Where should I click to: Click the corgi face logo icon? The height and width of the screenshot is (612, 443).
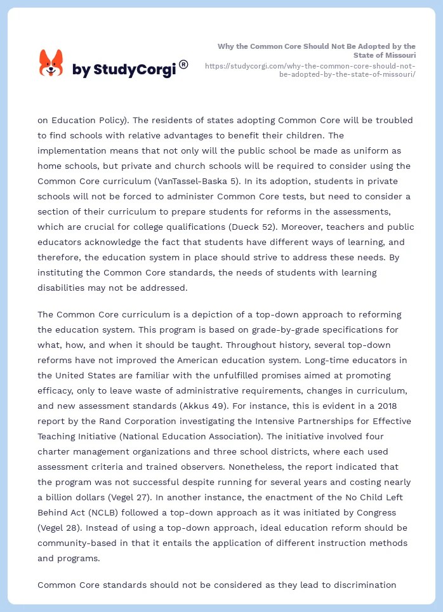coord(51,63)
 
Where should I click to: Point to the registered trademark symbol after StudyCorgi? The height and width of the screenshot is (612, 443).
coord(183,64)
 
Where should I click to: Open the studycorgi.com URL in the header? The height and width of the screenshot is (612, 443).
coord(310,70)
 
